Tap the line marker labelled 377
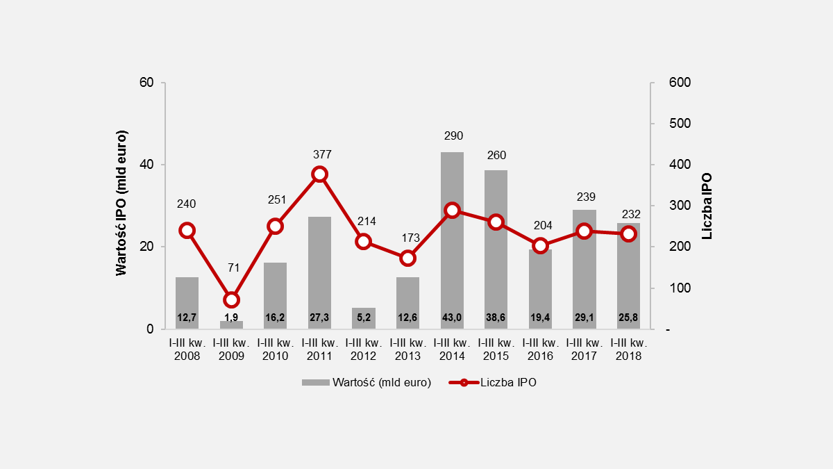(x=319, y=174)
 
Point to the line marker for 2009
(x=231, y=300)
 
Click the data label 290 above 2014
(x=452, y=135)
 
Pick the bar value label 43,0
(x=452, y=318)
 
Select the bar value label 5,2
(x=364, y=318)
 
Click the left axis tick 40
(x=146, y=165)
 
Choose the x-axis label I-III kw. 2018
(x=629, y=349)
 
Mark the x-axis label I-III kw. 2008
(x=187, y=349)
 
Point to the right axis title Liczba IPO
(x=707, y=206)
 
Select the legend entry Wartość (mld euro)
(x=367, y=383)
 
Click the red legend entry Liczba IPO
(x=493, y=383)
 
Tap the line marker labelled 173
(x=408, y=258)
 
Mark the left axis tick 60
(x=146, y=83)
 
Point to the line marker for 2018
(x=628, y=233)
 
